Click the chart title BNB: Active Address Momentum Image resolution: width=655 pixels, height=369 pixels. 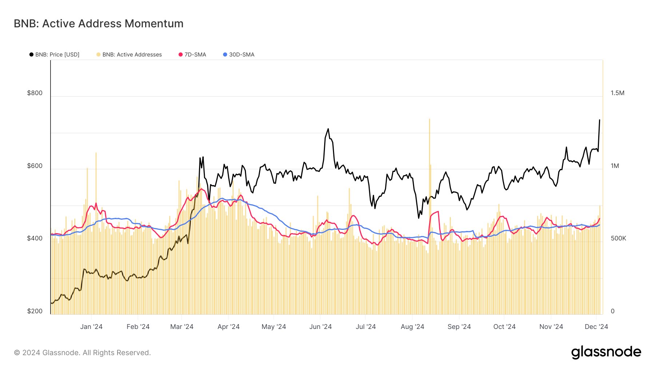pos(99,24)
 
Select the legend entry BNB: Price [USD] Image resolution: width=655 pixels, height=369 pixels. pos(54,55)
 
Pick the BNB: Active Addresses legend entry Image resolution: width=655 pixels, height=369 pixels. pos(129,55)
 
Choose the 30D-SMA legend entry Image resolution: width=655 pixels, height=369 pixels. pos(239,55)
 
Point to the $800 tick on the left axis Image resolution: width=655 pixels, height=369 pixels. pos(35,93)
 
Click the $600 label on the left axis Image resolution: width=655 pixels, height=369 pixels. pos(35,166)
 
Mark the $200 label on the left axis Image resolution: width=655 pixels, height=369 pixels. pos(35,311)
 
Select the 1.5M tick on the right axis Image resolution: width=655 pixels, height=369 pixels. pos(618,93)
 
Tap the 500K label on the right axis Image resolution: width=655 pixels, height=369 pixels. pos(618,238)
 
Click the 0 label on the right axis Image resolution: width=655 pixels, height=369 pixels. pos(613,311)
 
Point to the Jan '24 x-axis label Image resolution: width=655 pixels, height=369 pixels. pos(91,327)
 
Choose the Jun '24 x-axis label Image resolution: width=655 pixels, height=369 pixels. pos(320,327)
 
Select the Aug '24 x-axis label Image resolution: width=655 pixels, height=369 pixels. pos(412,327)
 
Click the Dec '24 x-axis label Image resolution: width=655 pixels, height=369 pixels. pos(596,327)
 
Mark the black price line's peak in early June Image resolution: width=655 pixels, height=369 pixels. pos(328,129)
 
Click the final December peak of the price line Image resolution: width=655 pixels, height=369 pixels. pos(599,120)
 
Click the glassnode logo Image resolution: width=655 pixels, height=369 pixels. pos(606,352)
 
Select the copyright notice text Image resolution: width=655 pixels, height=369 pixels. pos(82,353)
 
